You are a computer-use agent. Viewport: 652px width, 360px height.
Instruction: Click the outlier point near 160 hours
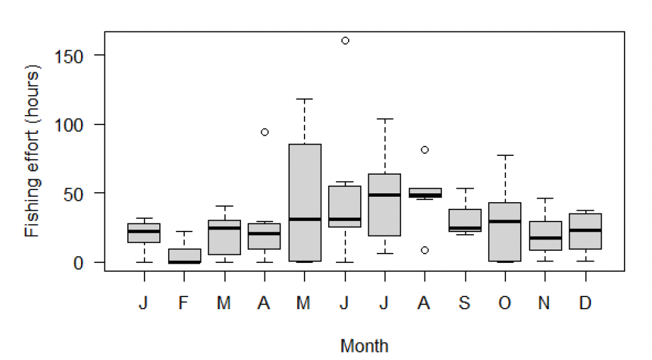(345, 41)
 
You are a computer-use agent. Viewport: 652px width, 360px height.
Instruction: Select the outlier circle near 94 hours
(264, 132)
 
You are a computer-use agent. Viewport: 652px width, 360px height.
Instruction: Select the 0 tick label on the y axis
(87, 262)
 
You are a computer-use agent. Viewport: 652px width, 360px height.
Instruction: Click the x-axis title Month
(364, 346)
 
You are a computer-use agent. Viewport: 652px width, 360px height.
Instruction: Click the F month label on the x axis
(183, 303)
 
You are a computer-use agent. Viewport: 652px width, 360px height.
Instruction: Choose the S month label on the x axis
(465, 303)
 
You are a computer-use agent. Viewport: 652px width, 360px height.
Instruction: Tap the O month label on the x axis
(505, 303)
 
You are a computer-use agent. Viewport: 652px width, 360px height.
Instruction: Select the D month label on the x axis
(585, 303)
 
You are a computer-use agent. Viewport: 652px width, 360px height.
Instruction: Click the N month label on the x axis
(545, 303)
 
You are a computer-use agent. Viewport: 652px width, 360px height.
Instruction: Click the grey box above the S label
(465, 219)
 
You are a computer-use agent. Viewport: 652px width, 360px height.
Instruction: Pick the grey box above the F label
(184, 255)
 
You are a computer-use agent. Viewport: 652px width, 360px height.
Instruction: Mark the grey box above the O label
(505, 232)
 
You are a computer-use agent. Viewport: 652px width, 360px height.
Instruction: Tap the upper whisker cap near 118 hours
(305, 99)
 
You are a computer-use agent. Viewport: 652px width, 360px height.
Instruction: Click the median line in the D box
(586, 230)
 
